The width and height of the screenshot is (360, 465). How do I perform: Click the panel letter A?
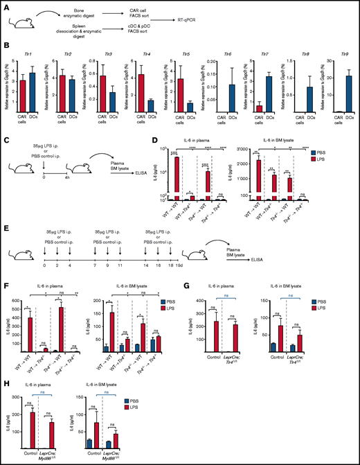(x=4, y=5)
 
